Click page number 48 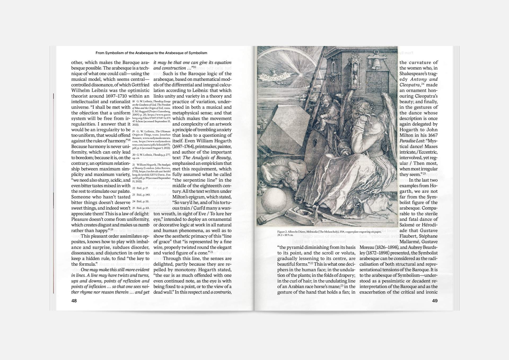[74, 301]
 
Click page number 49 [435, 301]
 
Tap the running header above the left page [151, 53]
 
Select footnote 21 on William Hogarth [151, 173]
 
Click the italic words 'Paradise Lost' [411, 141]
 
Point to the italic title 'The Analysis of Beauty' [207, 158]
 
